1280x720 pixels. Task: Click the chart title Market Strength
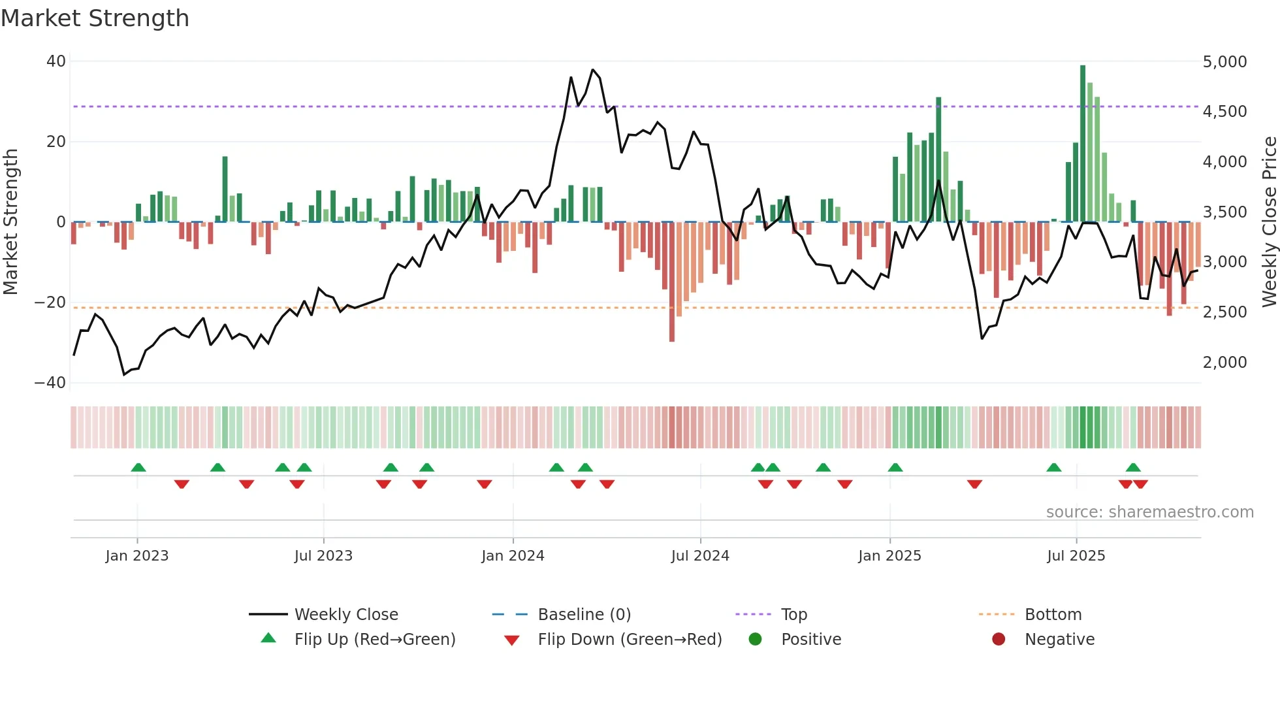[x=95, y=18]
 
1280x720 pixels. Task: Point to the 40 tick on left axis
[x=56, y=61]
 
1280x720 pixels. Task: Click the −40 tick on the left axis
[x=50, y=383]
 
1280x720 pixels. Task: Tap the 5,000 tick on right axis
[x=1224, y=62]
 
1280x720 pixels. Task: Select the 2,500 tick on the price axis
[x=1224, y=312]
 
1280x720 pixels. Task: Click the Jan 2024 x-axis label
[x=513, y=556]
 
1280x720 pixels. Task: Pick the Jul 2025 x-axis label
[x=1076, y=556]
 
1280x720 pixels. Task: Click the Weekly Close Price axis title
[x=1269, y=222]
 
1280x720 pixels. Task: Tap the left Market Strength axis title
[x=11, y=222]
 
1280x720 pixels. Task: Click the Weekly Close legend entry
[x=345, y=615]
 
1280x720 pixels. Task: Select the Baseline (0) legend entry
[x=584, y=615]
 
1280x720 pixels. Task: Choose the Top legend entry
[x=793, y=615]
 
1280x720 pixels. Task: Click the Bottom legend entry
[x=1053, y=615]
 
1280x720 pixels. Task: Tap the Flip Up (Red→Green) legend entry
[x=374, y=640]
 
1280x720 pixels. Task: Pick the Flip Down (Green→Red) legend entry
[x=630, y=640]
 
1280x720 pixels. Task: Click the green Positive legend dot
[x=755, y=640]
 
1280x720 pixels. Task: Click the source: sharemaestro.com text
[x=1149, y=512]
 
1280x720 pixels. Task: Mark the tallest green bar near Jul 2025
[x=1083, y=144]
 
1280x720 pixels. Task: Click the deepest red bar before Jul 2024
[x=672, y=281]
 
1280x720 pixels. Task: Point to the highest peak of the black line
[x=593, y=69]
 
